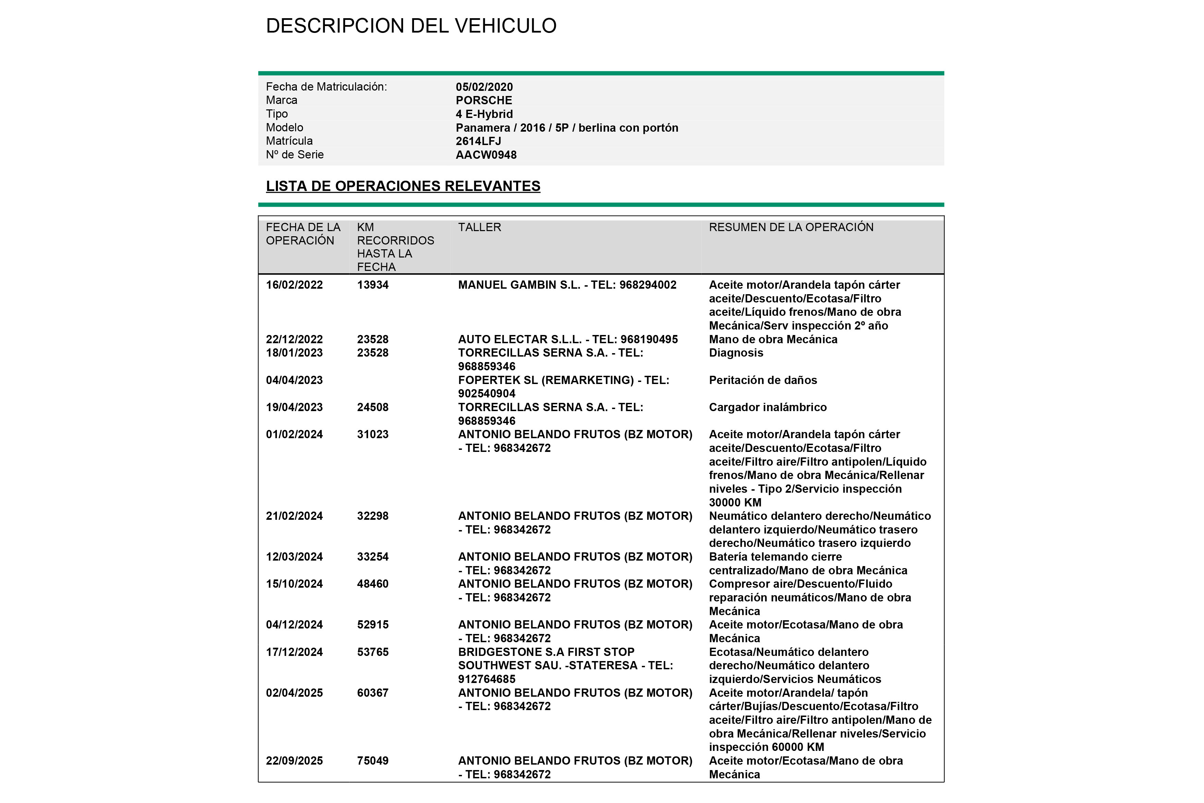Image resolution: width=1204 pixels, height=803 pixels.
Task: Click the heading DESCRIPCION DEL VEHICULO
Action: (x=411, y=26)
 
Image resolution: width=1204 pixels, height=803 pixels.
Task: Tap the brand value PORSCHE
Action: (x=484, y=100)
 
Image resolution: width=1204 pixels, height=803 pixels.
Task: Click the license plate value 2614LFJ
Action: (x=478, y=141)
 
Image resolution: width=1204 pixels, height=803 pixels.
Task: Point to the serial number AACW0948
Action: (x=486, y=155)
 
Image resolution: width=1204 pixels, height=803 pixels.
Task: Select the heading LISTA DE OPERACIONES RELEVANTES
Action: (x=403, y=186)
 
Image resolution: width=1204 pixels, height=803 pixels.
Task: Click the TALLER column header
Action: (x=479, y=227)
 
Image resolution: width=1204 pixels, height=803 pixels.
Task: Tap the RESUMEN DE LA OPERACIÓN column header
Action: (x=791, y=227)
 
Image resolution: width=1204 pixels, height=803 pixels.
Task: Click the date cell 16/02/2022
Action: (x=294, y=285)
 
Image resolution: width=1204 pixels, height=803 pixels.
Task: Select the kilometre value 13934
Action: (x=373, y=285)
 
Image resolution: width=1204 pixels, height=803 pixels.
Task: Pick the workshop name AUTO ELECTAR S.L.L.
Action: (x=520, y=339)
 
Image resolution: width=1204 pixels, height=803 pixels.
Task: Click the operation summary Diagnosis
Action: (x=735, y=353)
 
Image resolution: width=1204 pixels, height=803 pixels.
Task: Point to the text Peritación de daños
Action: (x=763, y=380)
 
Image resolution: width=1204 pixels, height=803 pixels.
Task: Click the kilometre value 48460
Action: (x=373, y=584)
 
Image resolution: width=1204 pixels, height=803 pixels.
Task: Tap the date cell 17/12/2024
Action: (x=294, y=652)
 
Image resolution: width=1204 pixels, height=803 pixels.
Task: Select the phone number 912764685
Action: (x=486, y=679)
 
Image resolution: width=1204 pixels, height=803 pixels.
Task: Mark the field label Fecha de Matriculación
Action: (x=326, y=87)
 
